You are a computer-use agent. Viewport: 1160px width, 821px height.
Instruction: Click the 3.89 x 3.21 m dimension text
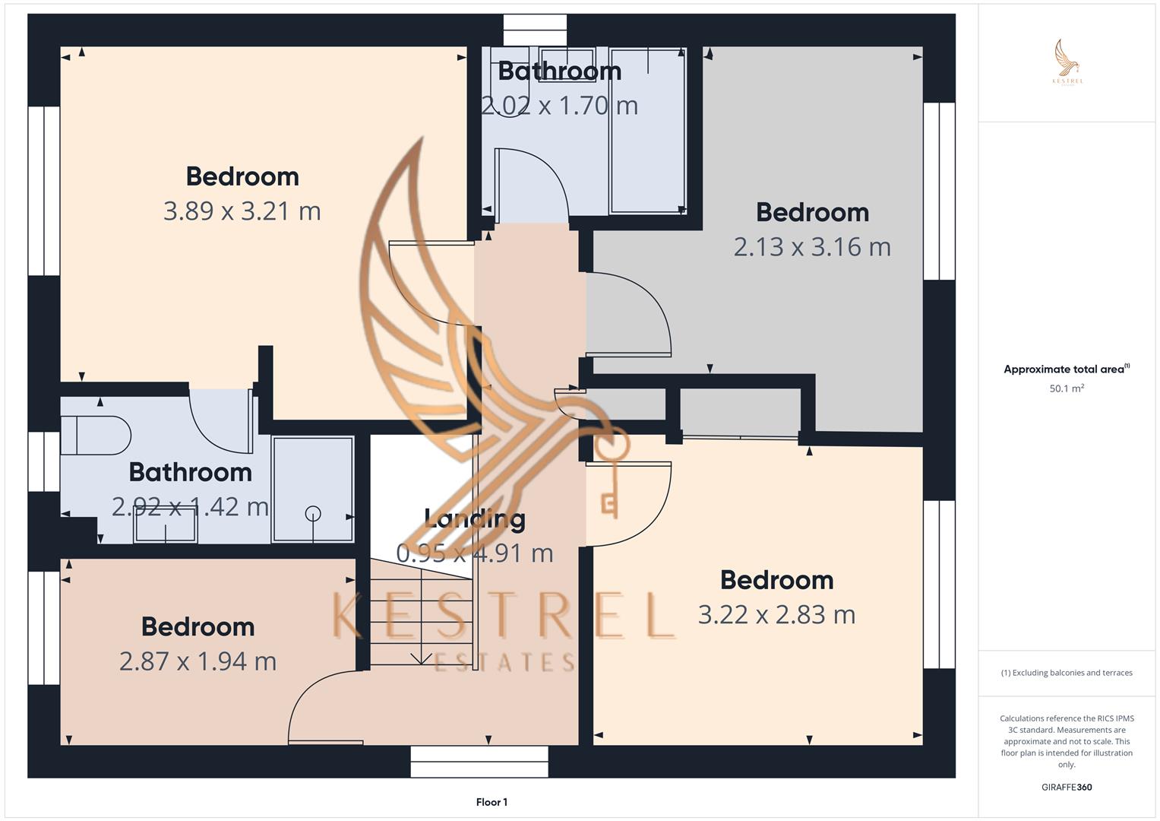pyautogui.click(x=242, y=211)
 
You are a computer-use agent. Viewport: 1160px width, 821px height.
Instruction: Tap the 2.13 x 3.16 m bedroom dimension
pyautogui.click(x=812, y=246)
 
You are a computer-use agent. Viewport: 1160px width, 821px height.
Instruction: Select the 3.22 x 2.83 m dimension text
pyautogui.click(x=776, y=614)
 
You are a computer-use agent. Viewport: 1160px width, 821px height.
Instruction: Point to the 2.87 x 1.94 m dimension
pyautogui.click(x=198, y=661)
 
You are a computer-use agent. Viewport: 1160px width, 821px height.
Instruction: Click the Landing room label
pyautogui.click(x=475, y=519)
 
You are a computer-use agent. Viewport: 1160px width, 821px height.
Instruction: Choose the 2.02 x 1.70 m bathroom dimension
pyautogui.click(x=560, y=105)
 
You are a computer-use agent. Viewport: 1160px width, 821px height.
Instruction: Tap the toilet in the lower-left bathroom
pyautogui.click(x=96, y=436)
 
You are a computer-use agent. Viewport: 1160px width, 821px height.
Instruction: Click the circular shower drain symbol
pyautogui.click(x=313, y=514)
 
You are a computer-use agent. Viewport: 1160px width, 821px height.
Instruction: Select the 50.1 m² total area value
pyautogui.click(x=1067, y=388)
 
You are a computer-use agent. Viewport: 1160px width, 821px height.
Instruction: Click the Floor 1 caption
pyautogui.click(x=491, y=802)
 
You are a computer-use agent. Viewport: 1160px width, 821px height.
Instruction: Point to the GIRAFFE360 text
pyautogui.click(x=1067, y=787)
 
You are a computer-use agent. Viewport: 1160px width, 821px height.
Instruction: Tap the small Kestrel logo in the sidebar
pyautogui.click(x=1067, y=62)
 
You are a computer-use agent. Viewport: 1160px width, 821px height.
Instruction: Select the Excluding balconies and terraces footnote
pyautogui.click(x=1067, y=673)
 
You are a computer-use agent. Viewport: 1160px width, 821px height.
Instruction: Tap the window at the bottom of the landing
pyautogui.click(x=479, y=761)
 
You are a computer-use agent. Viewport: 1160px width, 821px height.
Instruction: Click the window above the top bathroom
pyautogui.click(x=535, y=30)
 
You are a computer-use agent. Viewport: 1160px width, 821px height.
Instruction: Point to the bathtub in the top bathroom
pyautogui.click(x=647, y=131)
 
